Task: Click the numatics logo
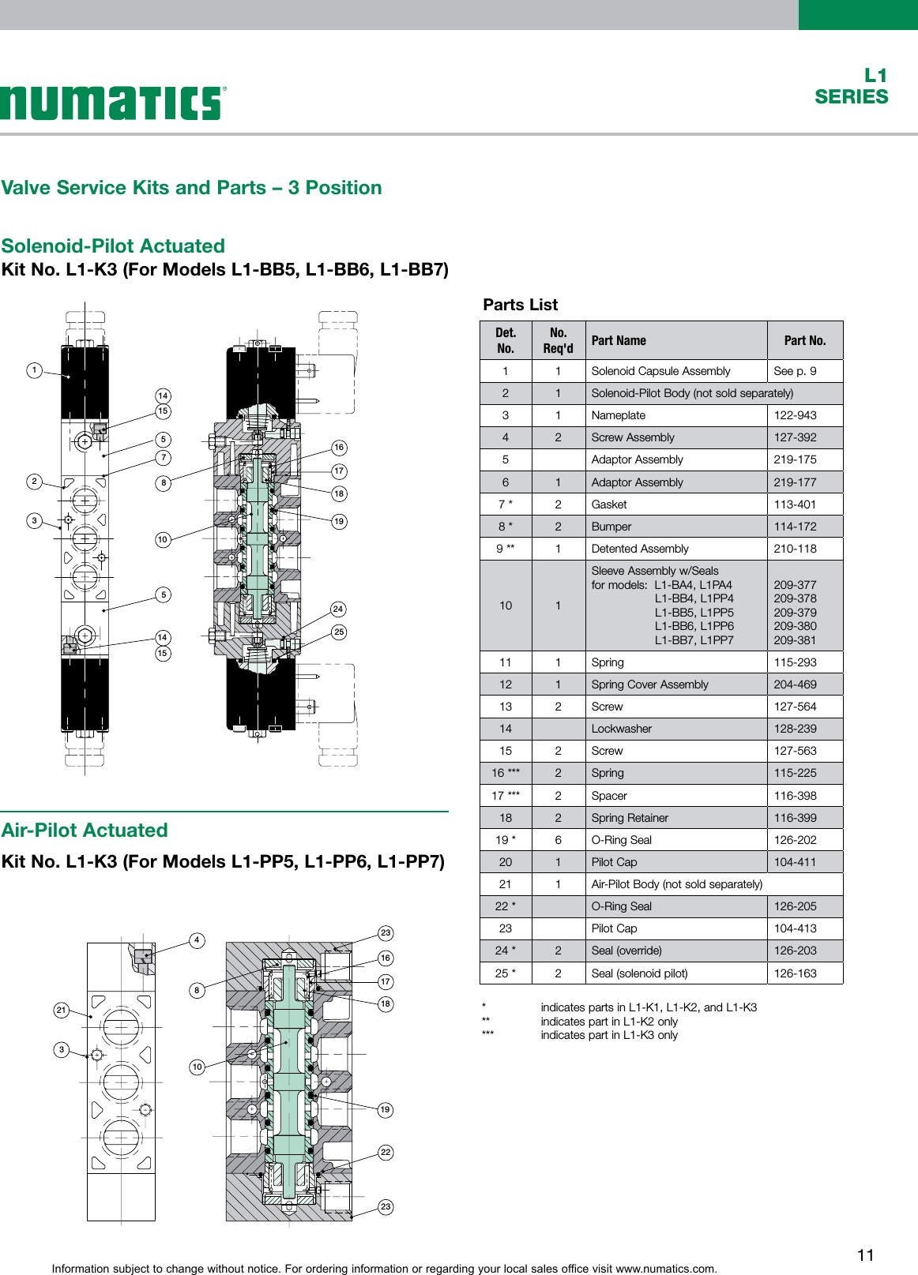[x=113, y=103]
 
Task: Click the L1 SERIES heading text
[x=852, y=87]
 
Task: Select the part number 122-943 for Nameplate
[x=795, y=415]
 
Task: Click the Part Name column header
[x=619, y=340]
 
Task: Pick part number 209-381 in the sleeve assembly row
[x=795, y=640]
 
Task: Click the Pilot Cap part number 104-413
[x=795, y=928]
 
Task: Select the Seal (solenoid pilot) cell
[x=639, y=973]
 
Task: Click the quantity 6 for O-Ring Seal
[x=558, y=840]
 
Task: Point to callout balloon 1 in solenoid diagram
[x=34, y=369]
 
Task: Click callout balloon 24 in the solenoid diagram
[x=338, y=609]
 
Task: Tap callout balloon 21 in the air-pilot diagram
[x=62, y=1010]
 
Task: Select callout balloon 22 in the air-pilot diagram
[x=386, y=1152]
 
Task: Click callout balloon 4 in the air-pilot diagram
[x=198, y=939]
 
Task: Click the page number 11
[x=865, y=1255]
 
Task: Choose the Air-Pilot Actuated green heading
[x=85, y=831]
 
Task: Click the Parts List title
[x=520, y=305]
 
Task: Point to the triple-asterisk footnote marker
[x=487, y=1035]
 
